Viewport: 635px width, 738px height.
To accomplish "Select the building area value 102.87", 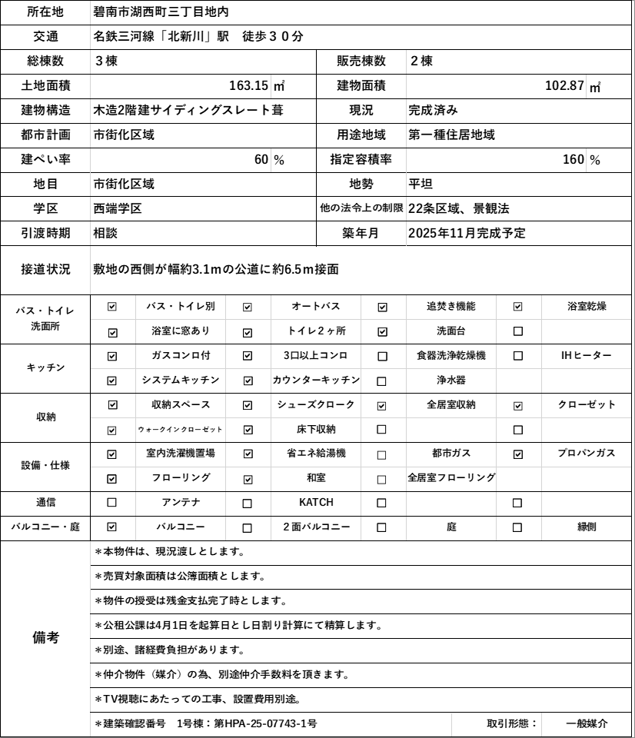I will (x=565, y=85).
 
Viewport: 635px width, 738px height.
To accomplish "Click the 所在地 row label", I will (x=45, y=12).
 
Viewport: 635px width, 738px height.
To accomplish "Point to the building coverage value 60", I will (x=261, y=160).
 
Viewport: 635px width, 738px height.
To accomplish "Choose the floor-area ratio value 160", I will (x=573, y=160).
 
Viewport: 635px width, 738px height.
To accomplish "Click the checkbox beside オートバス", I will (x=248, y=307).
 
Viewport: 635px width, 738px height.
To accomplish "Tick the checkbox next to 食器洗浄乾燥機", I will (x=382, y=356).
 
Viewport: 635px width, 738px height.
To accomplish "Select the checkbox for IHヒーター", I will (x=517, y=356).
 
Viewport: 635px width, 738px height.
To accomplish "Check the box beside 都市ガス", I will (x=382, y=454).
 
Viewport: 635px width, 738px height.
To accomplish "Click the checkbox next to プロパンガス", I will (x=517, y=454).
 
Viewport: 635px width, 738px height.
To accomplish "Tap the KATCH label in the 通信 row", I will (x=316, y=503).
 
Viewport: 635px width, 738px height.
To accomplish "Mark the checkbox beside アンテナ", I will (x=112, y=503).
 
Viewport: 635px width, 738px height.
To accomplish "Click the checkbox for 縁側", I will (x=517, y=527).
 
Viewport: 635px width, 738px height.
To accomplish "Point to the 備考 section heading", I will (x=45, y=638).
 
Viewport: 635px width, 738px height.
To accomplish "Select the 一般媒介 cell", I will (x=587, y=724).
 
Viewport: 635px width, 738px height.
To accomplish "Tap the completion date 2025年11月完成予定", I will (x=467, y=234).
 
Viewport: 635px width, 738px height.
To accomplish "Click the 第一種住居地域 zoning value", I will (x=452, y=135).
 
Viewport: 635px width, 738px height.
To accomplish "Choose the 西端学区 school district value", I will (x=118, y=209).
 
